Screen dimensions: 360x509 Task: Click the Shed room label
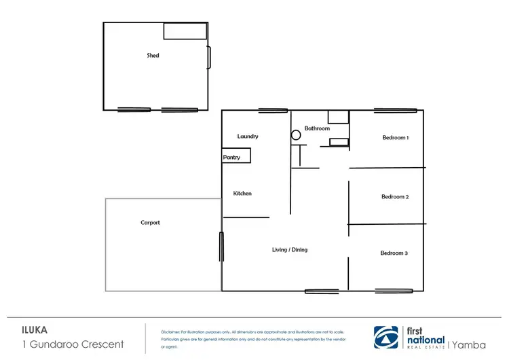[x=153, y=55]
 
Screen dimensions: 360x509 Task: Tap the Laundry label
[x=248, y=137]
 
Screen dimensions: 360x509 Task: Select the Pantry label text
[x=231, y=157]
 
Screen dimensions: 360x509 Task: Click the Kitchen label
[x=242, y=194]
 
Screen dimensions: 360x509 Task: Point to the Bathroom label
[x=317, y=128]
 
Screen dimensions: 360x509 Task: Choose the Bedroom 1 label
[x=395, y=138]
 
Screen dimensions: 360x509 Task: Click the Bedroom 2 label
[x=394, y=197]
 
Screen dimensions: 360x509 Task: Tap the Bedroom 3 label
[x=394, y=253]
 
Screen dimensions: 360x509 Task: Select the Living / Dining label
[x=290, y=250]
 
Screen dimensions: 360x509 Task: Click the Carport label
[x=150, y=223]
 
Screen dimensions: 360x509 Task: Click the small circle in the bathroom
[x=296, y=135]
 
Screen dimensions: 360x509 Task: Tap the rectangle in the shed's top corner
[x=185, y=31]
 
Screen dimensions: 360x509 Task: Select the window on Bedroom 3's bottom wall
[x=394, y=291]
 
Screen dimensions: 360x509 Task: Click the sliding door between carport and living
[x=221, y=247]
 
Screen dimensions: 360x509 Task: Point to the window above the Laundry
[x=272, y=110]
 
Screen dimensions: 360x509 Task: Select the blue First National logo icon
[x=388, y=337]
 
